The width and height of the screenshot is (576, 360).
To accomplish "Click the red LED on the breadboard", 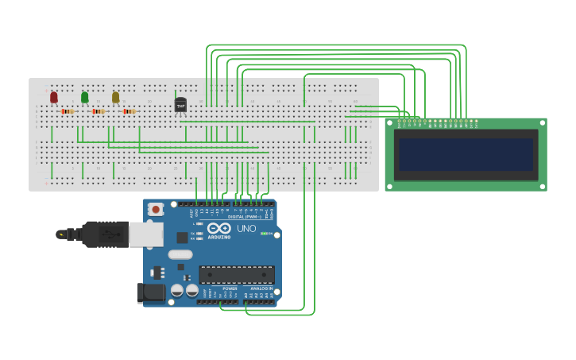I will (x=54, y=97).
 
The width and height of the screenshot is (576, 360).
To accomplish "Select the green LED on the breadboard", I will (x=85, y=97).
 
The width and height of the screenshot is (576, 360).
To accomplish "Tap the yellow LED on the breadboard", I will (x=115, y=97).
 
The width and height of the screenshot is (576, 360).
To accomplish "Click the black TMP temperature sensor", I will (x=180, y=105).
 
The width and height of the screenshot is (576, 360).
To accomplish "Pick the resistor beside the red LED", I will (x=68, y=111).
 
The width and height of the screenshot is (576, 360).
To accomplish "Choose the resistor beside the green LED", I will (x=98, y=111).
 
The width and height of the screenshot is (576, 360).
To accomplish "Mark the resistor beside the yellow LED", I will (x=129, y=111).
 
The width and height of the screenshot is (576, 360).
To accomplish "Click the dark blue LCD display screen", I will (x=466, y=155).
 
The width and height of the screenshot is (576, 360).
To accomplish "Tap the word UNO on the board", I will (x=245, y=229).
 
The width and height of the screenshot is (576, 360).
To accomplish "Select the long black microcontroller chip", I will (x=237, y=274).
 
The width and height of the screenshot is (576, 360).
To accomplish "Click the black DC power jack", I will (x=150, y=292).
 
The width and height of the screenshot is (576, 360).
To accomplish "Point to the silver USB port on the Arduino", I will (x=146, y=234).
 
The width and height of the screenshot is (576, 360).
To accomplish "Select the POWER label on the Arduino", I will (x=218, y=288).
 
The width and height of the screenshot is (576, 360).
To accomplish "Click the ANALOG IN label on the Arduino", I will (x=261, y=288).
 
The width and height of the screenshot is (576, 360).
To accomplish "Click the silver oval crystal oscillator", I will (x=180, y=255).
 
